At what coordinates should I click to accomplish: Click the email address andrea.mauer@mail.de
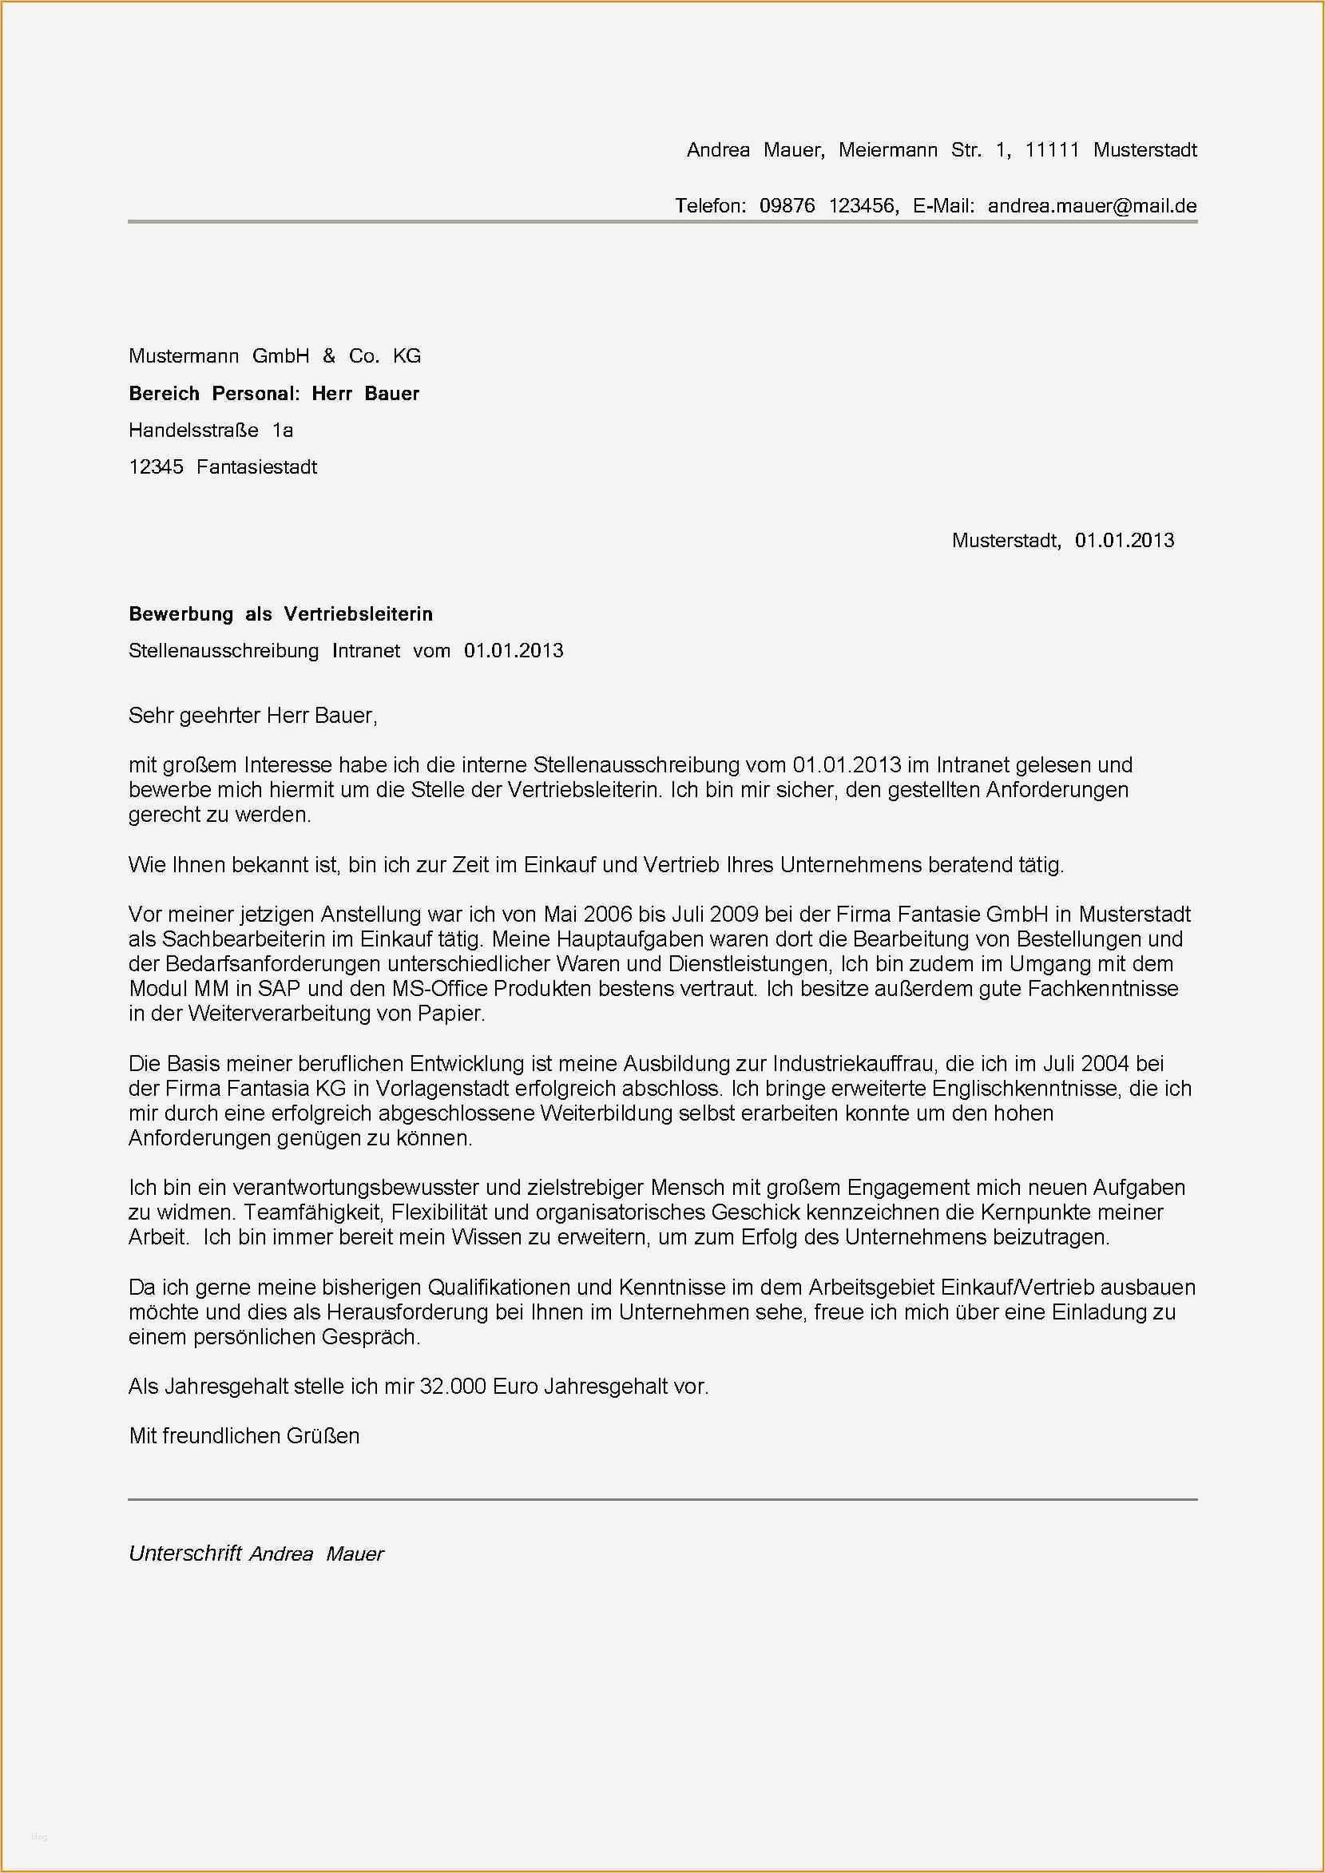[1092, 205]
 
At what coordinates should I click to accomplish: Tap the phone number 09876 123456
[827, 205]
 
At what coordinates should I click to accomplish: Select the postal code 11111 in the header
[1052, 150]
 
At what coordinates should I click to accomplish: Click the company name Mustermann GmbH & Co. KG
[275, 355]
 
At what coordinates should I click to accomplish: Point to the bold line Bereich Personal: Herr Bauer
[274, 393]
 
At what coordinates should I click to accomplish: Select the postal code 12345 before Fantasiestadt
[156, 467]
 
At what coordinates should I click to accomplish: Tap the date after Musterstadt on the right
[1124, 540]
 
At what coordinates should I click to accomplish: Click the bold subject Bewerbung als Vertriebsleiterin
[280, 613]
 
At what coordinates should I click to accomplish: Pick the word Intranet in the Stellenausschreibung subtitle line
[366, 651]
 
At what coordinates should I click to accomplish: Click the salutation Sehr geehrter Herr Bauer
[253, 716]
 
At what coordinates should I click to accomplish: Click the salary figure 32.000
[452, 1385]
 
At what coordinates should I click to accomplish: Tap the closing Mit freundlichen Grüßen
[244, 1436]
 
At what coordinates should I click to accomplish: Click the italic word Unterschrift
[185, 1554]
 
